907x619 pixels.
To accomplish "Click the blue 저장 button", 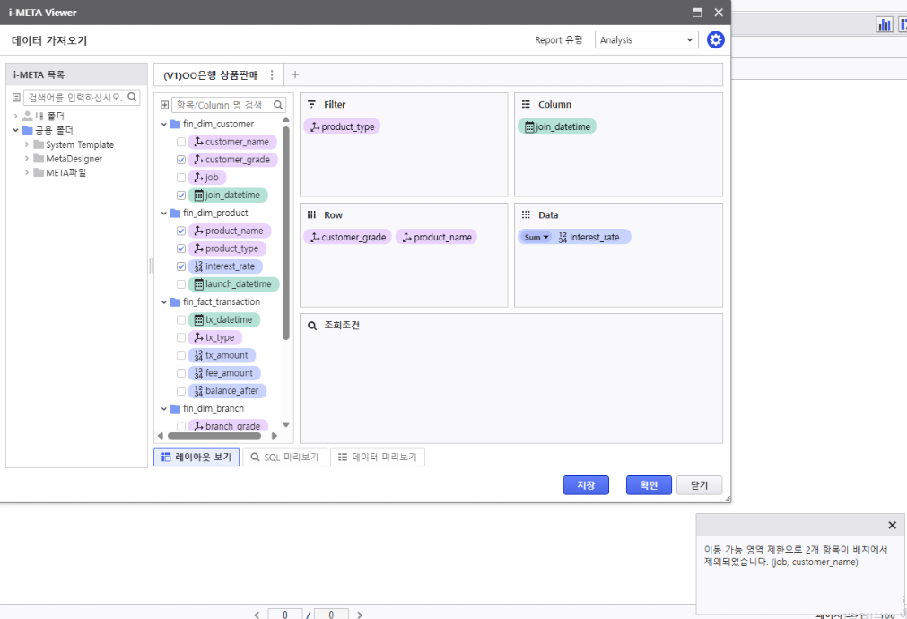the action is coord(586,485).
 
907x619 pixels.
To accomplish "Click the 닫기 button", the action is coord(700,485).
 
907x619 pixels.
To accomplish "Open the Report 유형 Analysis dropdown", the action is coord(646,39).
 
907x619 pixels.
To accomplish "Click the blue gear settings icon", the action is coord(716,39).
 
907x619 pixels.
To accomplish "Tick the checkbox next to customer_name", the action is coord(181,142).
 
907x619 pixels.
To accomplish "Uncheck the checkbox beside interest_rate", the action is coord(181,266).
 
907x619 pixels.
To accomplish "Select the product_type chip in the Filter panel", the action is coord(343,126).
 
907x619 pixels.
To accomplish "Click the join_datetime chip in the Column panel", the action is coord(557,126).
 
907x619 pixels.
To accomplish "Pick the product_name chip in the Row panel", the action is coord(437,237).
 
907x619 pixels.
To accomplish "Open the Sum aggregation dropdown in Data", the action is coord(536,237).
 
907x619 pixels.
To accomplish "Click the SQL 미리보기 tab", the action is coord(285,457).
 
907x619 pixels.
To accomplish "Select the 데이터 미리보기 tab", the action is coord(378,457).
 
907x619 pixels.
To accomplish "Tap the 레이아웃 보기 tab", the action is coord(196,457).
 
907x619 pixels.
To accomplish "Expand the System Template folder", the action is coord(27,144).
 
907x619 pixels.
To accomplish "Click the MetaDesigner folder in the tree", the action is coord(74,159).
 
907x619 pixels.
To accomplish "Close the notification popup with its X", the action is coord(892,526).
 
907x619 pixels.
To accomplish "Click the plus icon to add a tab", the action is coord(295,74).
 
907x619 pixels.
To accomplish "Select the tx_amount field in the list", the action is coord(222,355).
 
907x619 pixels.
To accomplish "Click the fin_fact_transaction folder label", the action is coord(221,302).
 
